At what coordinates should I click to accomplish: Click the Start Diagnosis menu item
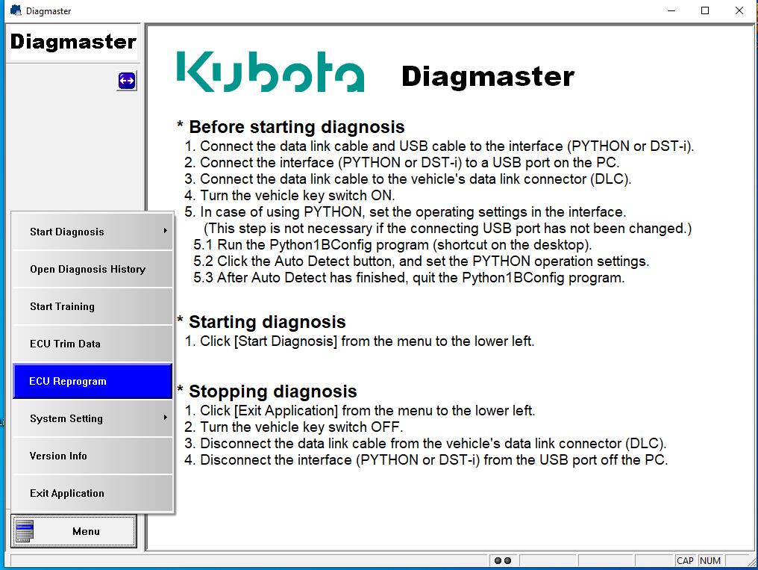[x=92, y=232]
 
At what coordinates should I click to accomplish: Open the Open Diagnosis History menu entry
[x=92, y=269]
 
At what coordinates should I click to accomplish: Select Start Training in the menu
[x=92, y=306]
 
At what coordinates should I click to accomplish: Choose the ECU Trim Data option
[x=92, y=344]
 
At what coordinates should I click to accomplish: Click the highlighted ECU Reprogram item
[x=92, y=381]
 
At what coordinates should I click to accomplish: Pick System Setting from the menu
[x=92, y=418]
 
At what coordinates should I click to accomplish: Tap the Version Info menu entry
[x=92, y=456]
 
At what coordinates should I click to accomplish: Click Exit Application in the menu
[x=92, y=493]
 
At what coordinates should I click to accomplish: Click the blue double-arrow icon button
[x=127, y=81]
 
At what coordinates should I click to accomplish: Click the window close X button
[x=739, y=10]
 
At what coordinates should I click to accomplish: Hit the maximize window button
[x=705, y=10]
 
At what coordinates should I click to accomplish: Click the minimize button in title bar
[x=671, y=10]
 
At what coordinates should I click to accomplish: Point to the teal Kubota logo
[x=270, y=72]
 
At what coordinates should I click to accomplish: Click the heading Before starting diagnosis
[x=296, y=127]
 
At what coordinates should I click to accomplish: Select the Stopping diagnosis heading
[x=272, y=391]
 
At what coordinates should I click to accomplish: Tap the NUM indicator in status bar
[x=710, y=560]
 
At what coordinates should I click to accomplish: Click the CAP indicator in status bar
[x=685, y=560]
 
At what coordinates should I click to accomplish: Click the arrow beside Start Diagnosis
[x=166, y=231]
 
